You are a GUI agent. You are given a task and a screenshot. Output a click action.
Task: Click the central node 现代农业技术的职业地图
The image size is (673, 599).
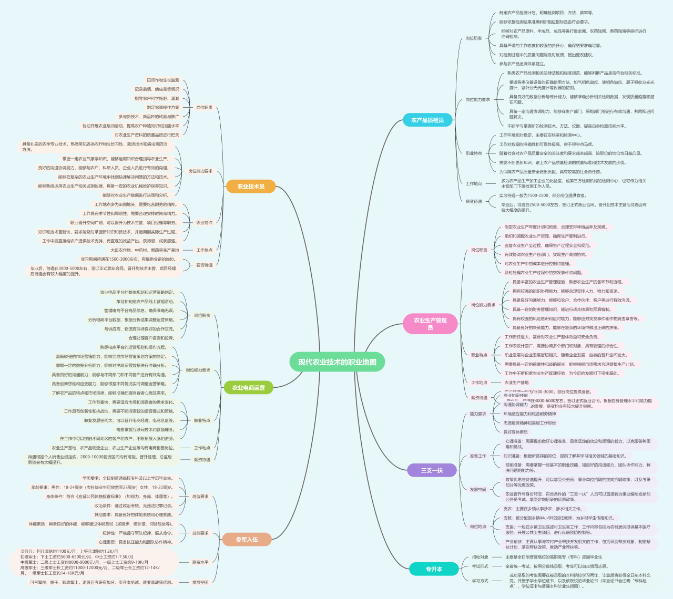click(x=337, y=362)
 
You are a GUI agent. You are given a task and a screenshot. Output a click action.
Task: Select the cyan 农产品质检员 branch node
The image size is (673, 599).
click(x=427, y=120)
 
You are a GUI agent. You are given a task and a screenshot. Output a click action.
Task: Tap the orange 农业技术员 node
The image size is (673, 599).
click(x=251, y=187)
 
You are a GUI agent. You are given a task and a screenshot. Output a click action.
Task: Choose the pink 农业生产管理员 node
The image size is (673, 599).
click(x=430, y=324)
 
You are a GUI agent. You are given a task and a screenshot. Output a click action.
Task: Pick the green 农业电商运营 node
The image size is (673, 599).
click(x=249, y=388)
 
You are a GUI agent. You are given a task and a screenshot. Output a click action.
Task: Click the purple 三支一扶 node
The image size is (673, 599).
click(x=432, y=470)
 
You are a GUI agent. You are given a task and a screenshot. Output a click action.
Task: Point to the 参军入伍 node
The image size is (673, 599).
click(x=247, y=540)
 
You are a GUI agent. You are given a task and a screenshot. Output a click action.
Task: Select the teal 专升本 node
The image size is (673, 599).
click(x=434, y=569)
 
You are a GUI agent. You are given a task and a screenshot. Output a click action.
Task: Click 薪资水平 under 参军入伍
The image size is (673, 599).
click(x=200, y=562)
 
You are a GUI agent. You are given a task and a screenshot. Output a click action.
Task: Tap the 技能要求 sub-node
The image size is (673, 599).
click(x=200, y=533)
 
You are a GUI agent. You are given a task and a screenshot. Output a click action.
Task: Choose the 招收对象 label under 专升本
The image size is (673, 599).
click(x=480, y=557)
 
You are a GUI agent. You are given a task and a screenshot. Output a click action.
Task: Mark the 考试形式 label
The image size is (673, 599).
click(x=480, y=566)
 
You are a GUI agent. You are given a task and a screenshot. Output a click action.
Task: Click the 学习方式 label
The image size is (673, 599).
click(x=480, y=581)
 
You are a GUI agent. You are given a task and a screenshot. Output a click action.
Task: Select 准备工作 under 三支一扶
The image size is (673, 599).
click(x=478, y=456)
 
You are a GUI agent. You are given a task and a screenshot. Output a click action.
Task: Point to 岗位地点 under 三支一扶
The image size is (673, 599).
click(x=478, y=526)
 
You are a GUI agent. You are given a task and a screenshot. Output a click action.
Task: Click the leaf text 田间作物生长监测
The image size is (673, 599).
click(x=163, y=80)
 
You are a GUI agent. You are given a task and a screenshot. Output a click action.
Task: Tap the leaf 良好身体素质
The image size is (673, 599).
click(x=516, y=432)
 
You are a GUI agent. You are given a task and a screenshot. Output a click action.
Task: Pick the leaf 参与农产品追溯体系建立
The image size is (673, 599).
click(x=523, y=64)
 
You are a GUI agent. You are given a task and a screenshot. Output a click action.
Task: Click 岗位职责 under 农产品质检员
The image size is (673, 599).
click(x=474, y=38)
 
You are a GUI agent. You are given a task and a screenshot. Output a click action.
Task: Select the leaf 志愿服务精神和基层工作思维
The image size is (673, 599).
click(x=529, y=423)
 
